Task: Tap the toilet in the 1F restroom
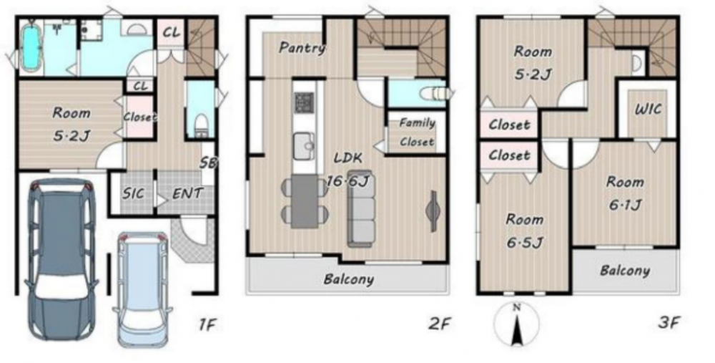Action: click(200, 123)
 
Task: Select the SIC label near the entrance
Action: click(133, 193)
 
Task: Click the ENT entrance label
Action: click(187, 193)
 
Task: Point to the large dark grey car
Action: click(61, 258)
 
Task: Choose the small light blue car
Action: click(143, 289)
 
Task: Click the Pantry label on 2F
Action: click(302, 47)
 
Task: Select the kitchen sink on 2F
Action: click(304, 145)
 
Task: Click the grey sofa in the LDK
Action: click(362, 208)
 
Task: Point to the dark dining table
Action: click(305, 201)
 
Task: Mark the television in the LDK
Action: click(432, 210)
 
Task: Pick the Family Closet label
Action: click(417, 132)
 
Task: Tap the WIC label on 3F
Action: click(648, 109)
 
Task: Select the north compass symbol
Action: click(517, 324)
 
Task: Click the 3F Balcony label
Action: click(625, 271)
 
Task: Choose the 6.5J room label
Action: click(525, 242)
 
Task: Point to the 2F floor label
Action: click(440, 324)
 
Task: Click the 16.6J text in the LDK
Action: click(347, 182)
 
